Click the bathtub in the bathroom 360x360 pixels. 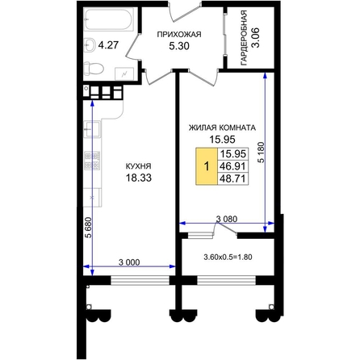pos(109,19)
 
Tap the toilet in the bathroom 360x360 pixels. pos(93,69)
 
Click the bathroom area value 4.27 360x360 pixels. pos(108,44)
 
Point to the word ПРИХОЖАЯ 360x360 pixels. pos(179,35)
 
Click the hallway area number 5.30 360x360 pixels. pos(179,46)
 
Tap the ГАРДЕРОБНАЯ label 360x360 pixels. pos(244,38)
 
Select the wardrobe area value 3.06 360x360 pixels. pos(255,38)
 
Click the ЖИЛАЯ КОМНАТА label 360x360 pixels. pos(222,128)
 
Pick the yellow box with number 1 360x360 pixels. pos(207,166)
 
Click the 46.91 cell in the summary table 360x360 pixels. pos(232,166)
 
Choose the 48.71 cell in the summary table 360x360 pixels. pos(232,178)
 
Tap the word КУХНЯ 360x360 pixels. pos(138,166)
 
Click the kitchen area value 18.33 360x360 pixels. pos(139,178)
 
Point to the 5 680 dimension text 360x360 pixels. pos(88,228)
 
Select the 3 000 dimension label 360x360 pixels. pos(129,262)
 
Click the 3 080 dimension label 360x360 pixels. pos(227,219)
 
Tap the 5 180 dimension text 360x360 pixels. pos(262,152)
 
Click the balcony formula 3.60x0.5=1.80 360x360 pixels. pos(228,257)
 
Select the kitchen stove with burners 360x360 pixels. pos(92,161)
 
